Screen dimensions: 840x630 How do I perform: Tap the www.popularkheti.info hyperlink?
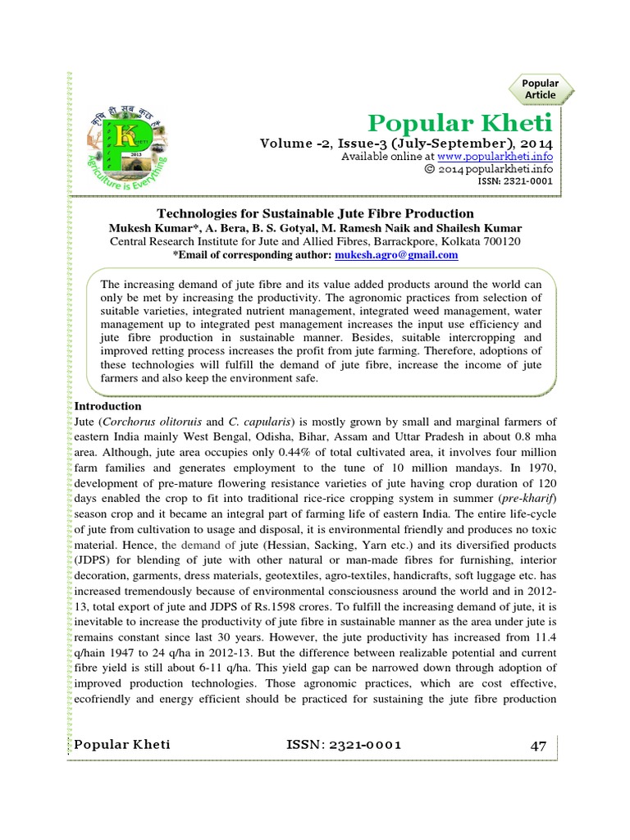coord(506,156)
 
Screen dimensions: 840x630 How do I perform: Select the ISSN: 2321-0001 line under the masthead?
coord(517,181)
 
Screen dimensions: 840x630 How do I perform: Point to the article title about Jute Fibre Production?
coord(316,213)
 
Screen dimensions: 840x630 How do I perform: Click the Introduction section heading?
coord(108,407)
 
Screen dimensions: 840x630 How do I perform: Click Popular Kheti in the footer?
coord(122,744)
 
